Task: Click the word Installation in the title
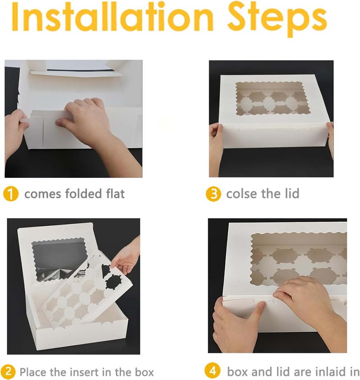[x=112, y=17]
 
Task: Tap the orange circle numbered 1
[x=11, y=194]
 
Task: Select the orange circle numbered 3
[x=213, y=194]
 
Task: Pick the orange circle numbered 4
[x=212, y=371]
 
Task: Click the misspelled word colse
[x=242, y=194]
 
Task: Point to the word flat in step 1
[x=115, y=194]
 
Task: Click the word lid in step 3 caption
[x=292, y=194]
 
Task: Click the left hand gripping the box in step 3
[x=216, y=148]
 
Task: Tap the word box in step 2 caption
[x=144, y=372]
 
